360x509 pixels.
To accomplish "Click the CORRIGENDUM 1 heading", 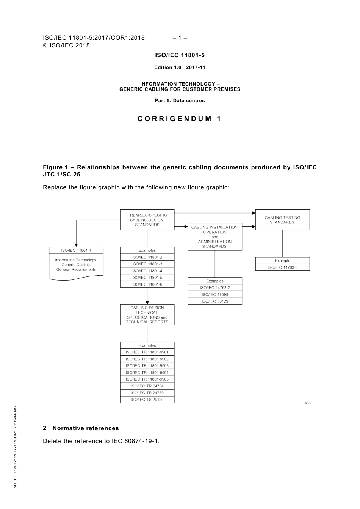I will point(179,119).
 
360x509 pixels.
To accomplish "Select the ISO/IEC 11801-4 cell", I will point(147,271).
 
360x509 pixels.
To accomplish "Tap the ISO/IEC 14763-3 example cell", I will point(282,267).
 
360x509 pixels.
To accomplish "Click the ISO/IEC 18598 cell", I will point(214,295).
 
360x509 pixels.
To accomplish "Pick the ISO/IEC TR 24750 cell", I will point(147,393).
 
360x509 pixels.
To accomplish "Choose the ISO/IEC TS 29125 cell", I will point(147,400).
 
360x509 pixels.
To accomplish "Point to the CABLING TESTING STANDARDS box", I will point(282,220).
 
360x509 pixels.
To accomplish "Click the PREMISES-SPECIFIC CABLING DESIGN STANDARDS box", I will point(147,220).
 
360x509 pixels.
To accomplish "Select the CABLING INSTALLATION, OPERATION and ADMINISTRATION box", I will point(214,237).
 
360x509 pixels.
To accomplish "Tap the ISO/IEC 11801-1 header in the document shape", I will point(76,250).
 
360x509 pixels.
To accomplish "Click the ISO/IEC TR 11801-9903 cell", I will point(147,366).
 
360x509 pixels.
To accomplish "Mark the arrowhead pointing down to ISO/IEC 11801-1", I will point(76,245).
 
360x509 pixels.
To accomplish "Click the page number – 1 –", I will point(180,38).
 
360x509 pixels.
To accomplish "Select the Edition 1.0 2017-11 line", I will point(180,67).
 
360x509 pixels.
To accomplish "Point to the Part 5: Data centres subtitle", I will point(180,101).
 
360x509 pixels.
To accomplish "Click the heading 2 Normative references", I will point(81,428).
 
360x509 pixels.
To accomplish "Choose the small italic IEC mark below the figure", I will point(308,403).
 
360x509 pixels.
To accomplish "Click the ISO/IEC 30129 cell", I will point(214,301).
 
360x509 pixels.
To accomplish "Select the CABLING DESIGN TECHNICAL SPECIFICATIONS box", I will point(147,315).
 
